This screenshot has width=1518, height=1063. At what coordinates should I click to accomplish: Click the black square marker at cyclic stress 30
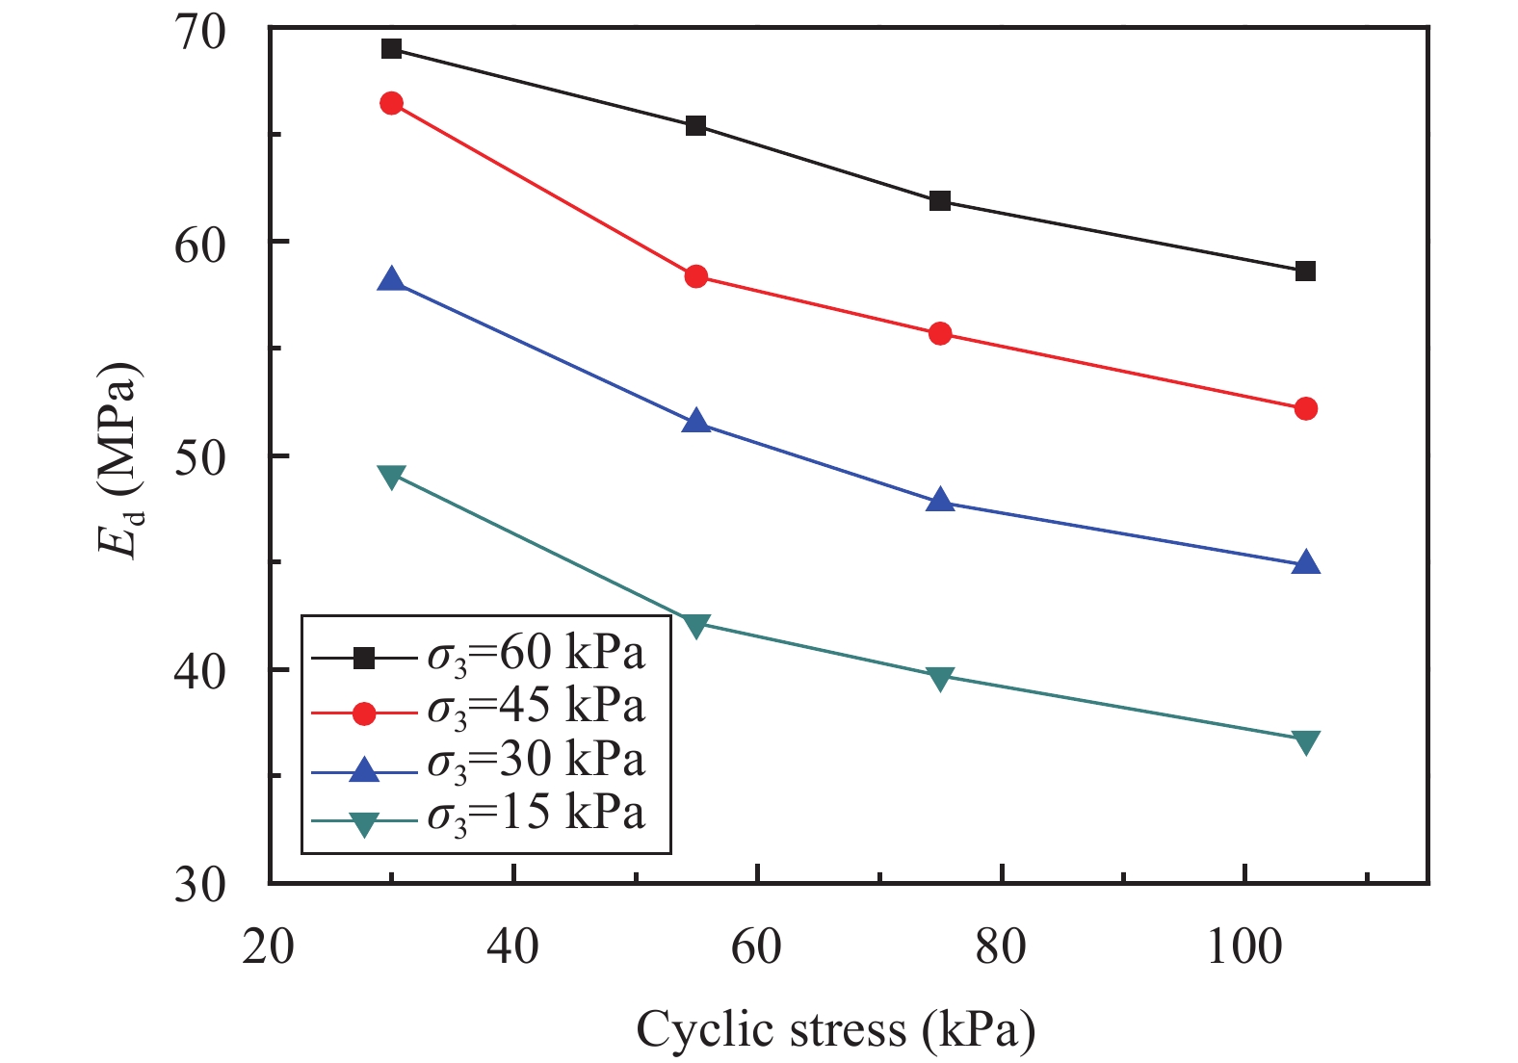click(x=391, y=49)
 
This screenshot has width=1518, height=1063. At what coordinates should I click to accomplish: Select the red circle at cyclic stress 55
click(x=696, y=277)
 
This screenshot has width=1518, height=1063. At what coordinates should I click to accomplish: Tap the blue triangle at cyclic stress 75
click(x=940, y=501)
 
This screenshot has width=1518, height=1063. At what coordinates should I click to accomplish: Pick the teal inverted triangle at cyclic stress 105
click(x=1305, y=741)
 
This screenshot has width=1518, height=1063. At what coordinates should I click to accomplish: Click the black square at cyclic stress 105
click(x=1305, y=272)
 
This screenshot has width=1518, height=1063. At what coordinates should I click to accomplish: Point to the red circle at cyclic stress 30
click(x=391, y=103)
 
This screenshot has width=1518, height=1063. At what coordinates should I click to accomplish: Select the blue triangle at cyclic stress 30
click(x=391, y=280)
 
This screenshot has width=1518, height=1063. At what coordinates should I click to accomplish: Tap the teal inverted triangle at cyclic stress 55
click(x=696, y=625)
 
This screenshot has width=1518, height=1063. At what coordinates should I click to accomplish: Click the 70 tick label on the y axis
click(x=199, y=32)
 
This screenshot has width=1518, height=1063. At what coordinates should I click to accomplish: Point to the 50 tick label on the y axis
click(x=199, y=456)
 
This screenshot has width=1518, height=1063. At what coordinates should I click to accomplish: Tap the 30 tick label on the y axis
click(x=199, y=884)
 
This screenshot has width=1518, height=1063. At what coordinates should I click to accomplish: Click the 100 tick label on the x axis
click(x=1244, y=947)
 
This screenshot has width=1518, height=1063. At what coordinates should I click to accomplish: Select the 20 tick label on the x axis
click(x=269, y=947)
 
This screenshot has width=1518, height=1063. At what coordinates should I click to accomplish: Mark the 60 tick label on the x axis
click(x=757, y=947)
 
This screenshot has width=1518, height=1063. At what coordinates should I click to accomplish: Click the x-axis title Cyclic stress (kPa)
click(x=835, y=1029)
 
